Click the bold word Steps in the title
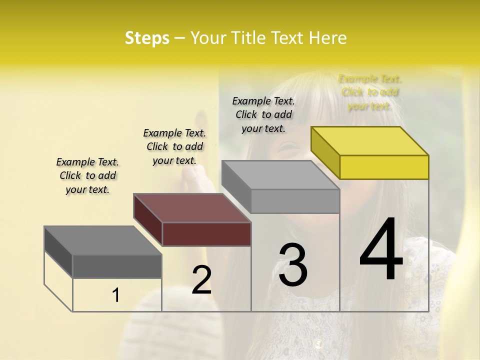[x=147, y=38]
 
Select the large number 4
[x=381, y=249]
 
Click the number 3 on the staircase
[x=292, y=265]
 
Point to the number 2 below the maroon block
[x=201, y=280]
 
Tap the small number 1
[x=115, y=295]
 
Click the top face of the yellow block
[x=370, y=140]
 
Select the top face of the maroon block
[x=192, y=207]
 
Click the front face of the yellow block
[x=384, y=167]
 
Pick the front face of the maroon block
[x=206, y=234]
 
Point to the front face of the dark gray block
[x=117, y=266]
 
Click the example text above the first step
[x=87, y=175]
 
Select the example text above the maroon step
[x=174, y=146]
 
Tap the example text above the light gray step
[x=263, y=114]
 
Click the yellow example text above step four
[x=369, y=92]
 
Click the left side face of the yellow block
[x=325, y=152]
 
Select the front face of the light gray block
[x=295, y=201]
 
